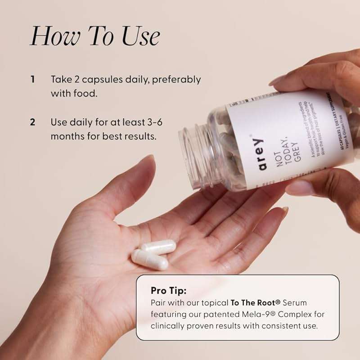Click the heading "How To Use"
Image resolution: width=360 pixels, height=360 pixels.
pyautogui.click(x=94, y=36)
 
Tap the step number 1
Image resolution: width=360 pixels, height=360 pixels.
pyautogui.click(x=32, y=80)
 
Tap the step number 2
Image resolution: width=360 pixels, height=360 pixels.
pyautogui.click(x=32, y=122)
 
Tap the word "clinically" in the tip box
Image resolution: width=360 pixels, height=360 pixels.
pyautogui.click(x=168, y=325)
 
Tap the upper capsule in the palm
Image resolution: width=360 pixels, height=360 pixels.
pyautogui.click(x=158, y=247)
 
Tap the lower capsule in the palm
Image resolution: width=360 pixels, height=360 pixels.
pyautogui.click(x=149, y=260)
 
